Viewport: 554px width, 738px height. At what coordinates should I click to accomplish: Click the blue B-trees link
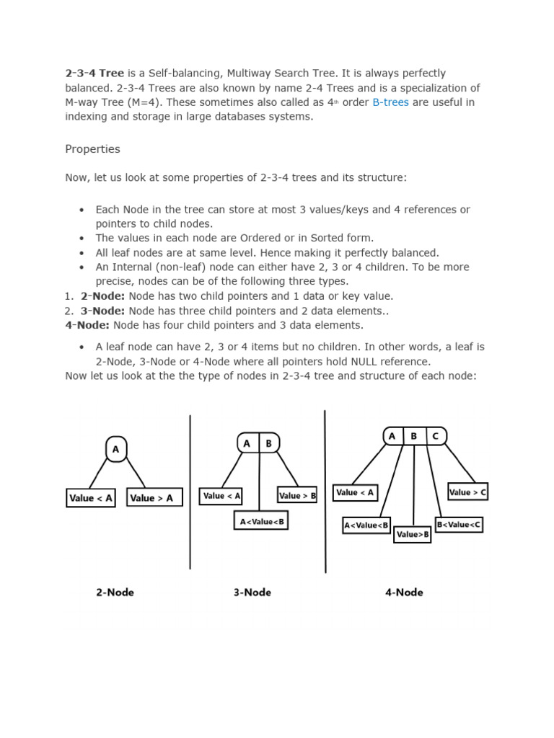(x=390, y=102)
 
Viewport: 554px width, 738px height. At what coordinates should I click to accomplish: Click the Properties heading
(x=92, y=149)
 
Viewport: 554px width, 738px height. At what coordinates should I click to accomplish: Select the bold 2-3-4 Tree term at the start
(x=94, y=74)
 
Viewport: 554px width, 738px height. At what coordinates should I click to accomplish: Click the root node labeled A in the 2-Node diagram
(x=115, y=449)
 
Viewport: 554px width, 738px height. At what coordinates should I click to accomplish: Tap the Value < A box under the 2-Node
(x=91, y=497)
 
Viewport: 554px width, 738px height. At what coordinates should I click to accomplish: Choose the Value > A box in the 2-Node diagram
(x=154, y=497)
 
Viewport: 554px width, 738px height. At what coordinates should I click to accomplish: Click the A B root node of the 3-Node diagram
(x=258, y=443)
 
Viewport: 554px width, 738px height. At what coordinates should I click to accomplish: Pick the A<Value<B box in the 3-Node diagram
(x=261, y=520)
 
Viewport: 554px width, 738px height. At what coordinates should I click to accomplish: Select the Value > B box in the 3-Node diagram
(x=297, y=495)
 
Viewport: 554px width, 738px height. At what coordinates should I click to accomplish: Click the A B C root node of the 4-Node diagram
(x=414, y=436)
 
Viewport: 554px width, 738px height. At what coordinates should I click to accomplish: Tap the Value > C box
(x=468, y=492)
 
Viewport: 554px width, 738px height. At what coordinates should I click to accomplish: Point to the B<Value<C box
(x=459, y=525)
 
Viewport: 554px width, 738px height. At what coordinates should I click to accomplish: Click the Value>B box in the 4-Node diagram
(x=413, y=534)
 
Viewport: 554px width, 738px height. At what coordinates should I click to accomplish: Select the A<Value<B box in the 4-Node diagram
(x=366, y=525)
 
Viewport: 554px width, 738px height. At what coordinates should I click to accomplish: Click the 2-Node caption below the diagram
(x=115, y=592)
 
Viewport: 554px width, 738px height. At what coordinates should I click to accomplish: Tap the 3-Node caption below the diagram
(x=252, y=592)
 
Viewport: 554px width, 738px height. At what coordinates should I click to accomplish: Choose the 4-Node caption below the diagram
(x=404, y=592)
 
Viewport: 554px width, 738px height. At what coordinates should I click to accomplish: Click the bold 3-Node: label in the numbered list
(x=103, y=311)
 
